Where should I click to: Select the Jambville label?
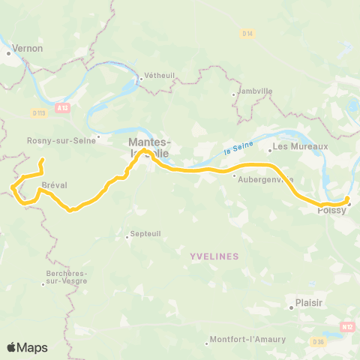pyautogui.click(x=254, y=91)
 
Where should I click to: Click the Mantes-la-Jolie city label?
pyautogui.click(x=150, y=146)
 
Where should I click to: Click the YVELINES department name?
pyautogui.click(x=214, y=256)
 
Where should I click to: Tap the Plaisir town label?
pyautogui.click(x=308, y=306)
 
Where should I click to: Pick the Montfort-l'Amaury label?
pyautogui.click(x=247, y=339)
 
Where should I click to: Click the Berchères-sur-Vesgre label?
pyautogui.click(x=64, y=277)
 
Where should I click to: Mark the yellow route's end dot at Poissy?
pyautogui.click(x=347, y=199)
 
